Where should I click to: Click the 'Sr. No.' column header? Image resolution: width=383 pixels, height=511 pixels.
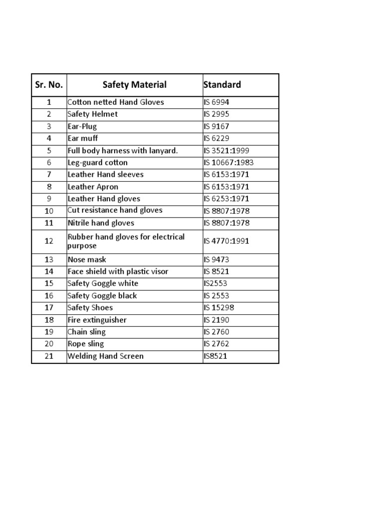click(49, 85)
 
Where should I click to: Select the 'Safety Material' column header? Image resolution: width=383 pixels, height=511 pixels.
click(135, 85)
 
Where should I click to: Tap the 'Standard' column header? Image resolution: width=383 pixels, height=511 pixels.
click(222, 85)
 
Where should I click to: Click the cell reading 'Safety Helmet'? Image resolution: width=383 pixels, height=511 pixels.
click(93, 114)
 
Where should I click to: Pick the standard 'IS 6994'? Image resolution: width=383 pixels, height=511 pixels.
click(216, 102)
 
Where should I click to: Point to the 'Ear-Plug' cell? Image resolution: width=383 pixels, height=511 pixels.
click(82, 126)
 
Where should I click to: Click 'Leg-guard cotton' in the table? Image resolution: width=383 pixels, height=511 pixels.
click(98, 163)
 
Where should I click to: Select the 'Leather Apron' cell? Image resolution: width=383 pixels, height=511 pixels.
click(93, 187)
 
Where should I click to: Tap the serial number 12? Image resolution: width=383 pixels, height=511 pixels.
click(49, 242)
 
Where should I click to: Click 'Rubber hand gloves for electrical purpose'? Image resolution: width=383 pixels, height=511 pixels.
click(126, 242)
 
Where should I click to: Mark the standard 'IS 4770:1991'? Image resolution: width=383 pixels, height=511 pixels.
click(226, 242)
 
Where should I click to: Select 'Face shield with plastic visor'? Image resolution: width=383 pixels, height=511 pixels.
click(118, 271)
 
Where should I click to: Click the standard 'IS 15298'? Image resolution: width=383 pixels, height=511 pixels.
click(219, 308)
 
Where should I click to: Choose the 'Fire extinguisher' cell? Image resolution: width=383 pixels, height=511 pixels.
click(97, 320)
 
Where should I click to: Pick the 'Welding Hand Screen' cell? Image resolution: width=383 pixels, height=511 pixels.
click(105, 356)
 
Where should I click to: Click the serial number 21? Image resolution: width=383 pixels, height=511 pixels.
click(49, 356)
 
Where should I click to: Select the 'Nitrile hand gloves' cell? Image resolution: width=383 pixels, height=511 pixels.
click(101, 223)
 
